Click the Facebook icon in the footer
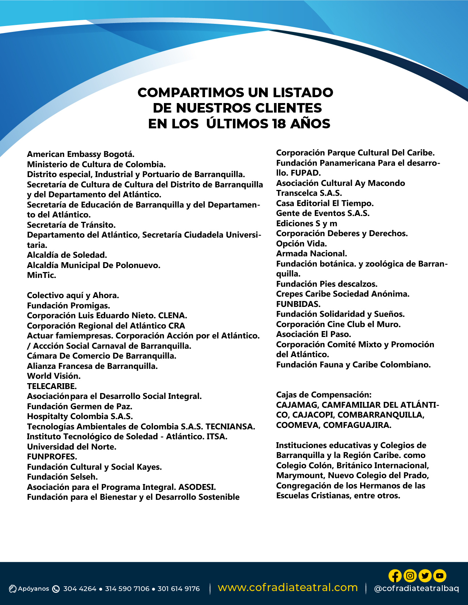tap(395, 576)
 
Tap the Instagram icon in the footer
tap(410, 576)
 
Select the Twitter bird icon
tap(425, 576)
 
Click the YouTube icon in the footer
tap(439, 576)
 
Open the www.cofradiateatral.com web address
tap(288, 587)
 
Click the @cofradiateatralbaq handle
tap(416, 588)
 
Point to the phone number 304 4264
tap(80, 589)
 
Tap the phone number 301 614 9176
tap(179, 589)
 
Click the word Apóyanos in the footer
tap(33, 589)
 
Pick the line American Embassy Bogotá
tap(81, 154)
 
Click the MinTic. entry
tap(41, 275)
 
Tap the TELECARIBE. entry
tap(52, 386)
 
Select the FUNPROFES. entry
tap(52, 456)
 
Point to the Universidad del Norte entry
tap(72, 447)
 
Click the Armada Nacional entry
tap(311, 253)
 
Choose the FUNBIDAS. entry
tap(298, 304)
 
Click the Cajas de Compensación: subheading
tap(323, 395)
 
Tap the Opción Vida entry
tap(301, 243)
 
